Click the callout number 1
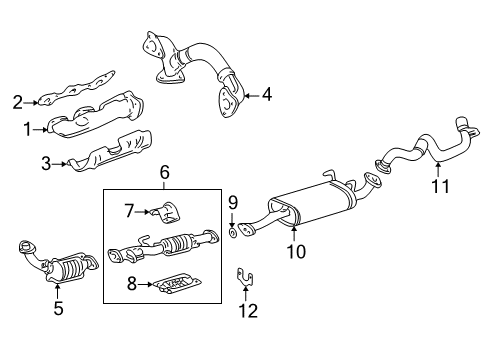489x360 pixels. tap(27, 129)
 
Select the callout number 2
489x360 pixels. tap(17, 100)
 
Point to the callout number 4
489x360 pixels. tap(267, 96)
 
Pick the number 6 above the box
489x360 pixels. tap(166, 174)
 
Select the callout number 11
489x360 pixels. tap(438, 185)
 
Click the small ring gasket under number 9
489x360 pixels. tap(232, 234)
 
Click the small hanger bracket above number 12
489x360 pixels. tap(244, 276)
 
